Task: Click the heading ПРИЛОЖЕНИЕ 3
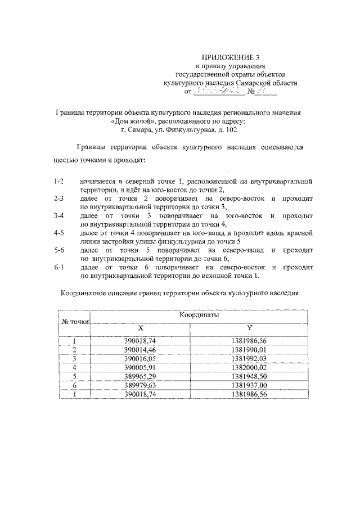(232, 57)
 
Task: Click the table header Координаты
(199, 316)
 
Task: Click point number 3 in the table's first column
(75, 358)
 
